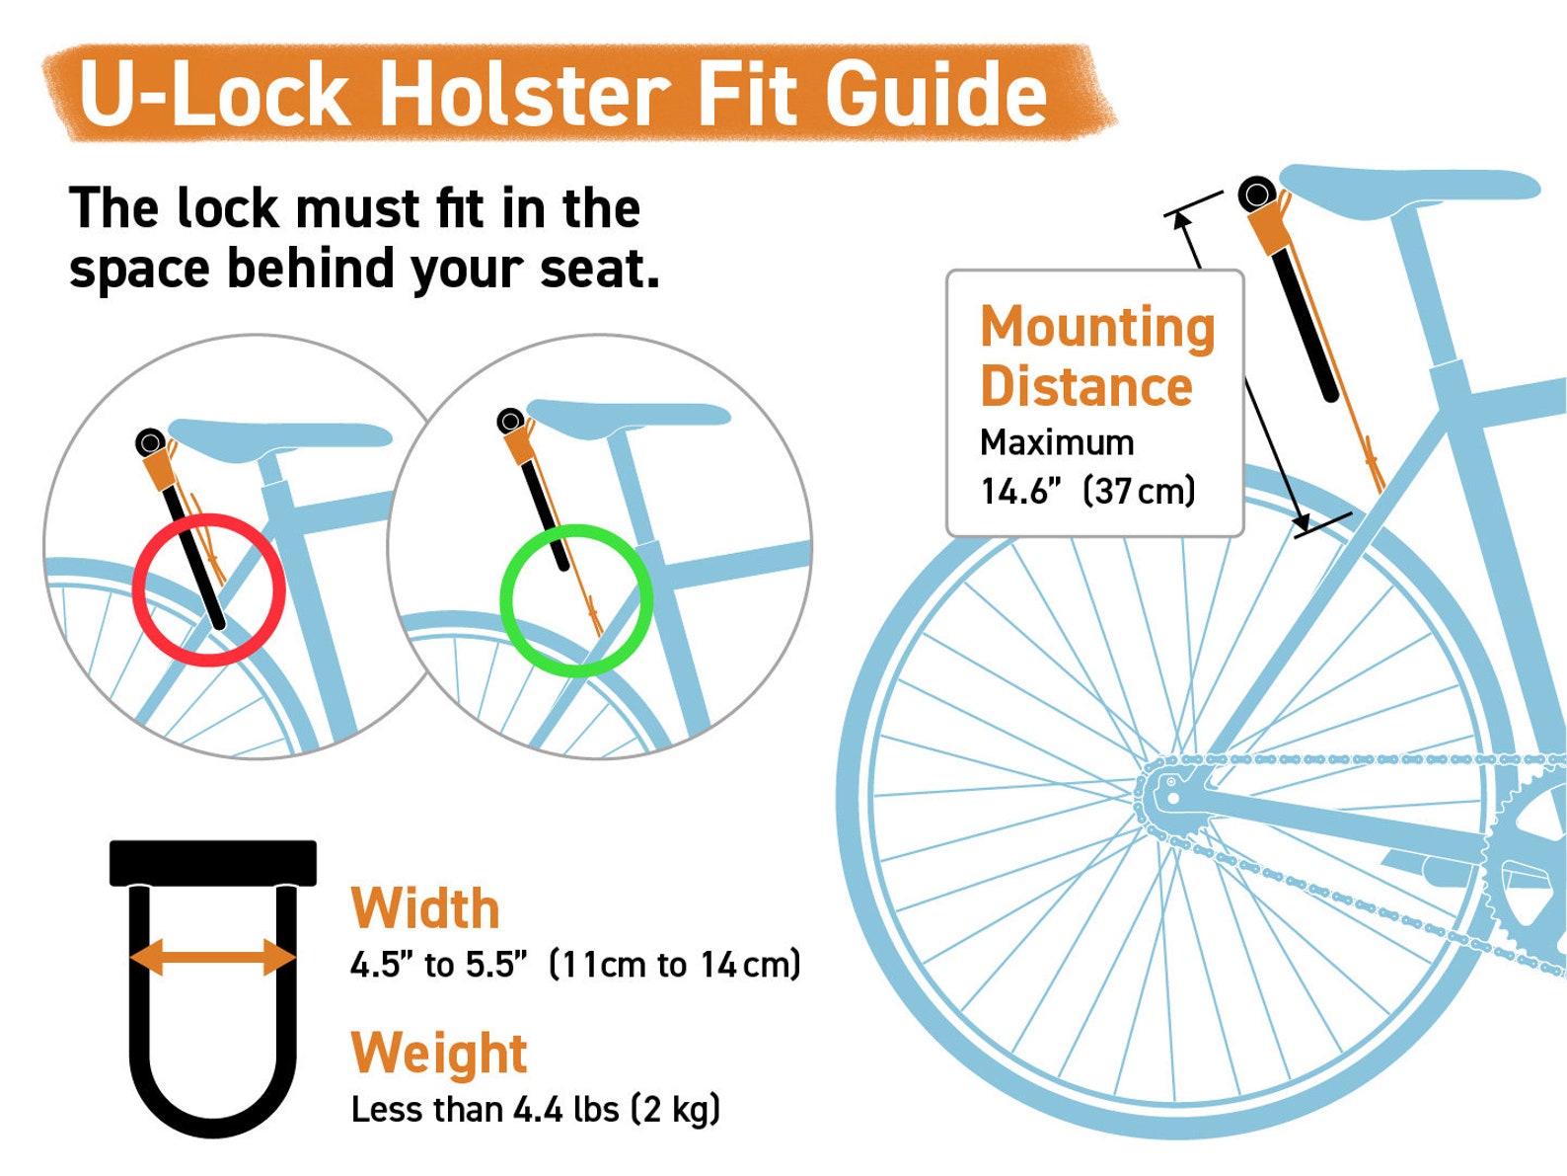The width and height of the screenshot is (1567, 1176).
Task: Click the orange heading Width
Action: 425,908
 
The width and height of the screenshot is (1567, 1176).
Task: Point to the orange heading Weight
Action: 439,1053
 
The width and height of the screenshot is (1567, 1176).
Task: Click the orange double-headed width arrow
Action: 212,956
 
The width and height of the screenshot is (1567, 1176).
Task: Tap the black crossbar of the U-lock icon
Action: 212,863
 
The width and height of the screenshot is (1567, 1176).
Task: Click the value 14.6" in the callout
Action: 1021,491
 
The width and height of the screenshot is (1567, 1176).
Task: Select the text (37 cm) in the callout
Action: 1139,491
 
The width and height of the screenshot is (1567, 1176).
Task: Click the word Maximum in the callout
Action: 1057,442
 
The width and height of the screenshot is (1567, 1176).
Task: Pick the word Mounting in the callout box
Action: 1096,327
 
